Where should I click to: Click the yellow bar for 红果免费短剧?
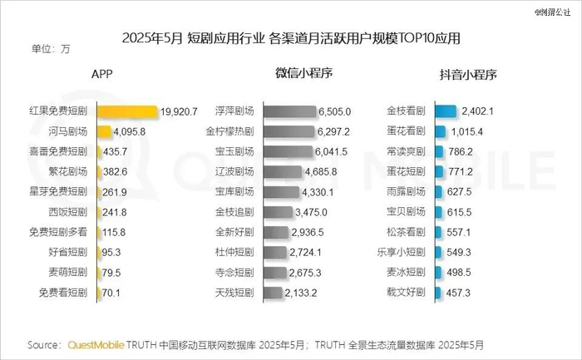(x=127, y=111)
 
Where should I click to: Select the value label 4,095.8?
(x=129, y=131)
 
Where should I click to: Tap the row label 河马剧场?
(x=67, y=131)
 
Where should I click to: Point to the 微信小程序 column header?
(x=303, y=73)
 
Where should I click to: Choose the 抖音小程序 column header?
(x=467, y=74)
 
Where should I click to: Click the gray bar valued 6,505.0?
(x=289, y=111)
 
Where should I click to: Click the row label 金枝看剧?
(x=407, y=111)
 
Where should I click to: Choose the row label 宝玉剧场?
(x=234, y=152)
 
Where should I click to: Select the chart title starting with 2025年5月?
(x=291, y=38)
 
